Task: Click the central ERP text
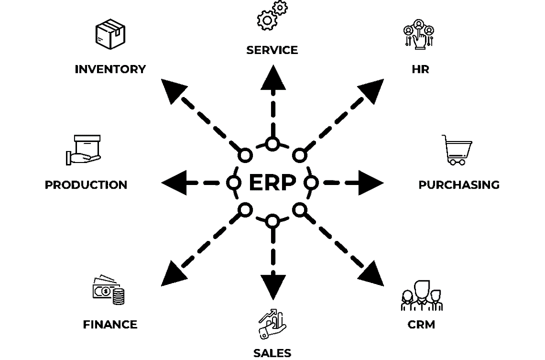point(272,183)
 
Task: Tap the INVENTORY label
point(110,69)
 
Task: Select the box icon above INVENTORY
point(110,34)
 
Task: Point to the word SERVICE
point(272,50)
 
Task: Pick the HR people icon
point(418,35)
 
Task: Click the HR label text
point(420,69)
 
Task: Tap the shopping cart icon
point(456,150)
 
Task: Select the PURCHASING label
point(458,185)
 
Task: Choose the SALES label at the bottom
point(272,353)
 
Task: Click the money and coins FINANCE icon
point(109,290)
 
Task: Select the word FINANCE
point(110,324)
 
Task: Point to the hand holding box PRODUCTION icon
point(83,150)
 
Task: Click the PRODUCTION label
point(86,185)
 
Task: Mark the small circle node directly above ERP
point(272,144)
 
